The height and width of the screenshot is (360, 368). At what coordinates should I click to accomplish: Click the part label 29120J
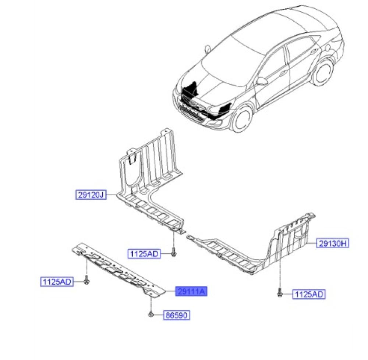(x=91, y=195)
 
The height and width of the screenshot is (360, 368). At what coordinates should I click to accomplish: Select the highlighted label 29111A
(x=191, y=292)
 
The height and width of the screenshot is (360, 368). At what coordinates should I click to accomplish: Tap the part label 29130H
(x=333, y=243)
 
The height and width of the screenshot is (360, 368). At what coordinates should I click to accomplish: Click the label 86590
(x=177, y=315)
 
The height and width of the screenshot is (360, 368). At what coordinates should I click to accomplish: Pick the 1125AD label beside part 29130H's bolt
(x=309, y=294)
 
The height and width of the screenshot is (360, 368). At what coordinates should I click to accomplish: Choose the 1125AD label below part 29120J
(x=144, y=254)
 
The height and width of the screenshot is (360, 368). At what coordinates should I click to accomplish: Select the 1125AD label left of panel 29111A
(x=57, y=282)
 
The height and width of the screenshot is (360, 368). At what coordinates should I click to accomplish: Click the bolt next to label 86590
(x=151, y=314)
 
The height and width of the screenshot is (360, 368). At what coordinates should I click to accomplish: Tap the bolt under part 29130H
(x=280, y=293)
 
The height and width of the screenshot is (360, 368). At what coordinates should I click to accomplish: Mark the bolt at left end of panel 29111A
(x=86, y=281)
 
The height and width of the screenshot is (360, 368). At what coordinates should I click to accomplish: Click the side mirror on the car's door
(x=262, y=81)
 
